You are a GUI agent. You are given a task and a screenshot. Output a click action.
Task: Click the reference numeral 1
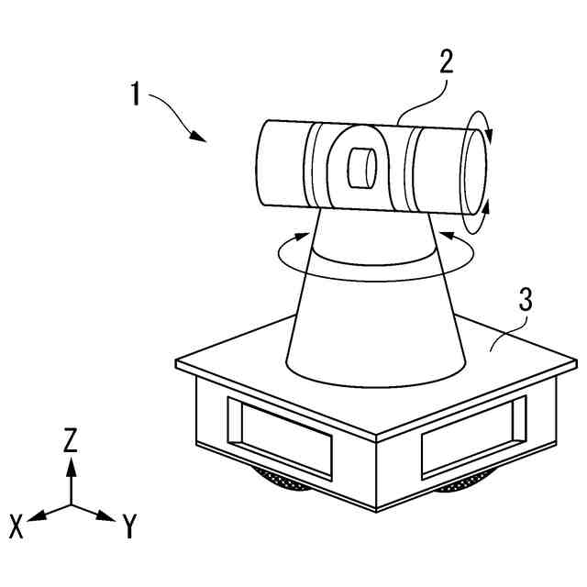pyautogui.click(x=135, y=94)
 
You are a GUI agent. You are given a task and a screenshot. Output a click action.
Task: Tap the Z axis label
pyautogui.click(x=71, y=441)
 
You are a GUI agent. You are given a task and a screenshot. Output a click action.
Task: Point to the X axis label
pyautogui.click(x=17, y=526)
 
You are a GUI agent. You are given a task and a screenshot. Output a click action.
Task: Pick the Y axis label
pyautogui.click(x=130, y=526)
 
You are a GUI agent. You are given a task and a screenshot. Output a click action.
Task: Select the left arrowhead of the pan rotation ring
pyautogui.click(x=303, y=236)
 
